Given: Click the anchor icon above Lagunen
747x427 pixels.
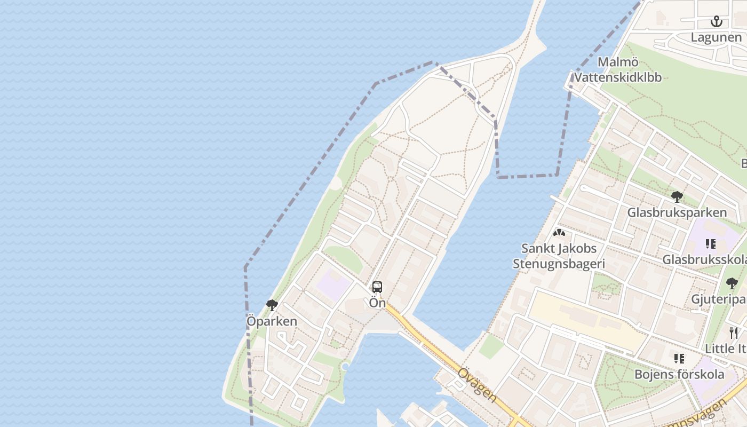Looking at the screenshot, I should (x=717, y=21).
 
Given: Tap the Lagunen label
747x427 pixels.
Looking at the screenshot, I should (x=716, y=37).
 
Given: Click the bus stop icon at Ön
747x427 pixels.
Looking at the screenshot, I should (x=377, y=287).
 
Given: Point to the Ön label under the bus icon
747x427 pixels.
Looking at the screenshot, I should (x=377, y=303).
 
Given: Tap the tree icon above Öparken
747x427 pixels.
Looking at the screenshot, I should (x=272, y=305).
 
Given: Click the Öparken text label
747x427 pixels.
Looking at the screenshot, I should (x=272, y=321).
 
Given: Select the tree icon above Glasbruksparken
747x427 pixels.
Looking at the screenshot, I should (x=677, y=197).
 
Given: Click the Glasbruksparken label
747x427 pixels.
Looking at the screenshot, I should (x=677, y=212).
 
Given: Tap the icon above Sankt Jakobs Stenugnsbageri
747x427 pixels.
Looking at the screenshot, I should (x=559, y=233).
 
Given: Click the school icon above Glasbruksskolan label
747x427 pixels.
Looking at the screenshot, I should (x=710, y=244).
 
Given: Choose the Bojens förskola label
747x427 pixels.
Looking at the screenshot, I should (x=679, y=374).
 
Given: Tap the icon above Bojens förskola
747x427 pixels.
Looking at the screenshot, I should (x=679, y=358).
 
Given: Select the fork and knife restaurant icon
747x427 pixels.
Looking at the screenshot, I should (x=734, y=333).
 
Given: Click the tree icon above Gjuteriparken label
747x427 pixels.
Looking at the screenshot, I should (x=732, y=283).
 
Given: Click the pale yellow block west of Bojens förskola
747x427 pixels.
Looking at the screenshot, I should (x=587, y=320).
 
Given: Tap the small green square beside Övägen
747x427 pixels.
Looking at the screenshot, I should (x=491, y=346).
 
